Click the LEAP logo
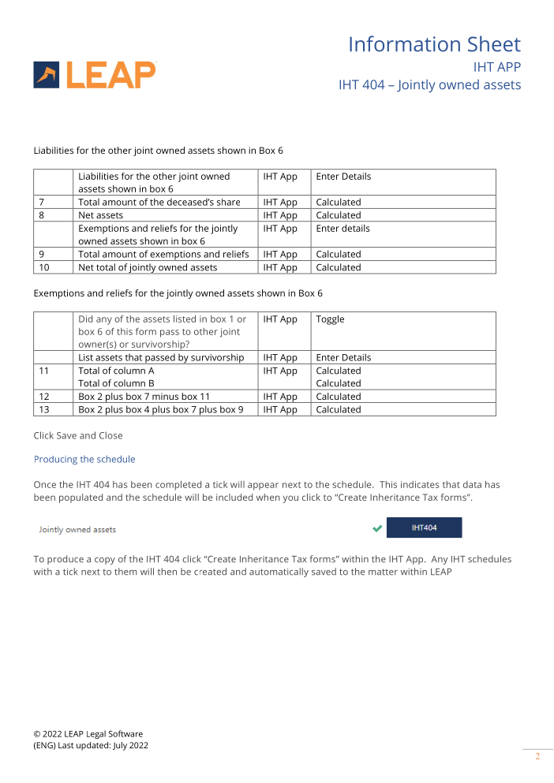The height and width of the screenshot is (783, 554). pyautogui.click(x=95, y=75)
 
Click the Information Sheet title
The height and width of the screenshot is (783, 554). pyautogui.click(x=434, y=44)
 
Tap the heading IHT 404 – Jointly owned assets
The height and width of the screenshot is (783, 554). pyautogui.click(x=429, y=84)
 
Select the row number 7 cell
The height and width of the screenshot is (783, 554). pyautogui.click(x=53, y=202)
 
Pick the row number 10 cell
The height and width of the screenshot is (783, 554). pyautogui.click(x=53, y=267)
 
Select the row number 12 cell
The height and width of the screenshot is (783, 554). pyautogui.click(x=53, y=397)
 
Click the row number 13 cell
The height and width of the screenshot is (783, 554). pyautogui.click(x=53, y=409)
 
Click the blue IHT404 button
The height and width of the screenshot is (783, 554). pyautogui.click(x=424, y=528)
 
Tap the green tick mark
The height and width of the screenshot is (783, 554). pyautogui.click(x=377, y=528)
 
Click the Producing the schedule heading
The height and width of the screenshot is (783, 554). pyautogui.click(x=84, y=459)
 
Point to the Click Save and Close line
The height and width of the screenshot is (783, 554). pyautogui.click(x=77, y=435)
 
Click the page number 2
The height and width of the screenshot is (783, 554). pyautogui.click(x=537, y=757)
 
